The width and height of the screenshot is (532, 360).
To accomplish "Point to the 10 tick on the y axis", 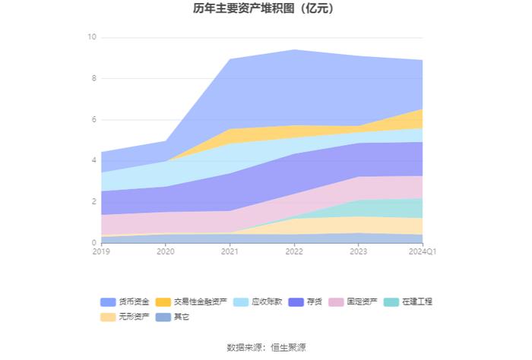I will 92,37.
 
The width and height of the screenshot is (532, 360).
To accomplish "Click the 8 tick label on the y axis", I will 93,78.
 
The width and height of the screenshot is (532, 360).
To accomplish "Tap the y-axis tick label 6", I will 93,119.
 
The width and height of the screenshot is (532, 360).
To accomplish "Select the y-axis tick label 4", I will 93,160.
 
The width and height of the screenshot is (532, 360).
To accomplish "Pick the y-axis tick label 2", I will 93,201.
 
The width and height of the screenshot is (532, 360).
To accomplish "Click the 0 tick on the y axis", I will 93,243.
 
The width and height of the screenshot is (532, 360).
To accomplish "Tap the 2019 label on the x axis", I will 101,251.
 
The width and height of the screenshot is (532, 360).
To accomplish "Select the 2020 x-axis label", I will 166,251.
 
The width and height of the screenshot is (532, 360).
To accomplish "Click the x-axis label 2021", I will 230,251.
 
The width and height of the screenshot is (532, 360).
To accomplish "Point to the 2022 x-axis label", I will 294,251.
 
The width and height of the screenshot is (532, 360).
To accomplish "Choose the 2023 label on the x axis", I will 358,251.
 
